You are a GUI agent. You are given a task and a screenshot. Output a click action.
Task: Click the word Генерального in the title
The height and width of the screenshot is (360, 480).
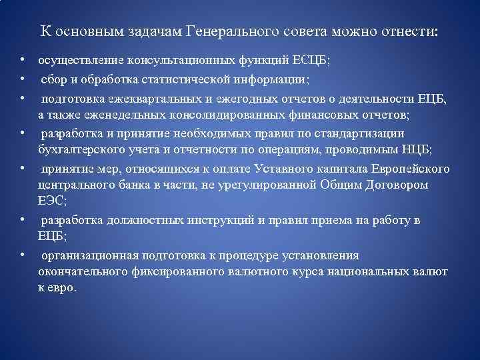(228, 32)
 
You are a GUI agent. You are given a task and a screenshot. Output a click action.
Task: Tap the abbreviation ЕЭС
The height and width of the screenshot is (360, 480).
(50, 200)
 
